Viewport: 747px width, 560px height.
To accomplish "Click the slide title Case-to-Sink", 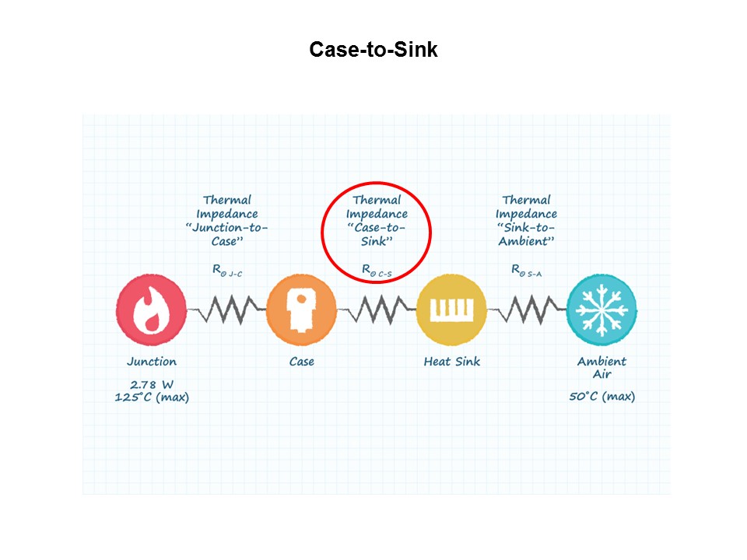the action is [x=373, y=50].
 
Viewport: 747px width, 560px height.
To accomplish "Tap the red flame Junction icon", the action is [x=151, y=310].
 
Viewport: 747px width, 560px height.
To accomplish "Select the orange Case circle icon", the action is [x=302, y=310].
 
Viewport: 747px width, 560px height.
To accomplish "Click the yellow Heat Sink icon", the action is [x=451, y=310].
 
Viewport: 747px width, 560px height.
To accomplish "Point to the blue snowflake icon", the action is [x=601, y=310].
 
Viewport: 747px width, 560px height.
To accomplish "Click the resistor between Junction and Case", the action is [x=226, y=310].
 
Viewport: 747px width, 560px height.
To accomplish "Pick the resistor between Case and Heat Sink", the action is [x=377, y=310].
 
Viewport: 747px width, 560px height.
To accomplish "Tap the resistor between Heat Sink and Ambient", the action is [x=527, y=310].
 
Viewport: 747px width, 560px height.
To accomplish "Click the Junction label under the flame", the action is [x=152, y=362].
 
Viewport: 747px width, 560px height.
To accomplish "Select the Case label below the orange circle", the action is [x=302, y=362].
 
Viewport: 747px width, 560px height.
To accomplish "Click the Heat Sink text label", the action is [x=451, y=362].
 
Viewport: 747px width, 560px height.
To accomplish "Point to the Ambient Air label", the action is [x=601, y=368].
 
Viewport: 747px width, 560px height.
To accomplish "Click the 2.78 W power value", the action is [x=152, y=384].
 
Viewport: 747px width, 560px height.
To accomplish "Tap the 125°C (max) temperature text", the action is [x=152, y=397].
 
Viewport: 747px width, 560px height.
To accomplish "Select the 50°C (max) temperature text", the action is [x=601, y=396].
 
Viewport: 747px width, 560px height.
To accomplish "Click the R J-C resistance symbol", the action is [x=226, y=271].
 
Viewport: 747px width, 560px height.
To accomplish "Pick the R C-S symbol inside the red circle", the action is [x=377, y=271].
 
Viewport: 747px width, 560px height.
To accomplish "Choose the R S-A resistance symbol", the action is [x=526, y=271].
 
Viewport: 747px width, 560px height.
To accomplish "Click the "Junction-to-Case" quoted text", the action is [x=226, y=234].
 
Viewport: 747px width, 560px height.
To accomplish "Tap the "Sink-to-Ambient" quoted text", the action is [x=526, y=234].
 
